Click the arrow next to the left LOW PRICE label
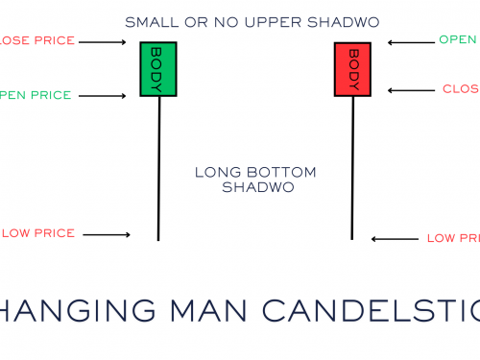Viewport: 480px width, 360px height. pyautogui.click(x=108, y=234)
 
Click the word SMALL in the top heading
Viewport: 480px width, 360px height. pyautogui.click(x=148, y=20)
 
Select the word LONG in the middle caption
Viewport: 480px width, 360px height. pyautogui.click(x=215, y=173)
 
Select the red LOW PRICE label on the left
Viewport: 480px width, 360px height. pyautogui.click(x=38, y=234)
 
